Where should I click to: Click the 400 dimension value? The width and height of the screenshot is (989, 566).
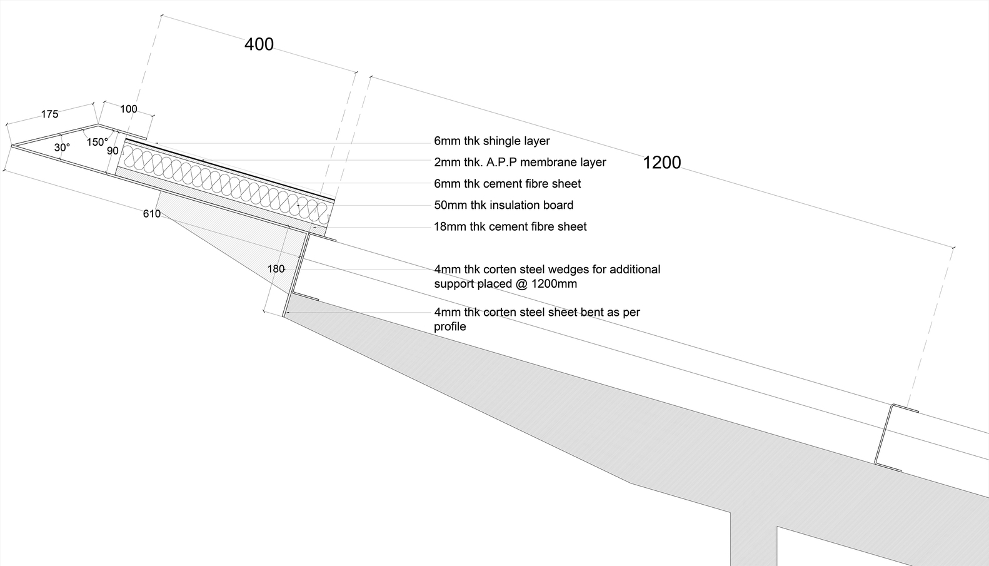[259, 44]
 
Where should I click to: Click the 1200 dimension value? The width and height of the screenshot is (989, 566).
[661, 163]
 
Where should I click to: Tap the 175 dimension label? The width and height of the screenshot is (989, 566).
[49, 114]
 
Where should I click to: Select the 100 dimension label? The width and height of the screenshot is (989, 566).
[128, 109]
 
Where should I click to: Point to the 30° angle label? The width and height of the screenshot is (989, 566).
[62, 148]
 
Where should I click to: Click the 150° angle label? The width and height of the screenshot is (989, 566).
[97, 143]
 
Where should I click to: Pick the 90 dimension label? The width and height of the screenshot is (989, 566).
[113, 151]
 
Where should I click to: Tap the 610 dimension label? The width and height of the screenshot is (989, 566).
[152, 214]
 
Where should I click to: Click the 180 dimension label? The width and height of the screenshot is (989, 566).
[276, 269]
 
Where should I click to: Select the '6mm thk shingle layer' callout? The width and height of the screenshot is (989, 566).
[491, 141]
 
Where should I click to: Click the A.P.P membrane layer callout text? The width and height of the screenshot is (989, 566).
[520, 163]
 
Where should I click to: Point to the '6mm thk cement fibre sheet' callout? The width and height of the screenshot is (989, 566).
[507, 184]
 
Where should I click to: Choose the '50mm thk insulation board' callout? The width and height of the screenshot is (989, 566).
[503, 205]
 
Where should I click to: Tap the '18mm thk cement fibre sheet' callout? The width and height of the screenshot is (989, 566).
[510, 226]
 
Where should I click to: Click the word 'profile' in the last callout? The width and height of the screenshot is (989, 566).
[449, 326]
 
